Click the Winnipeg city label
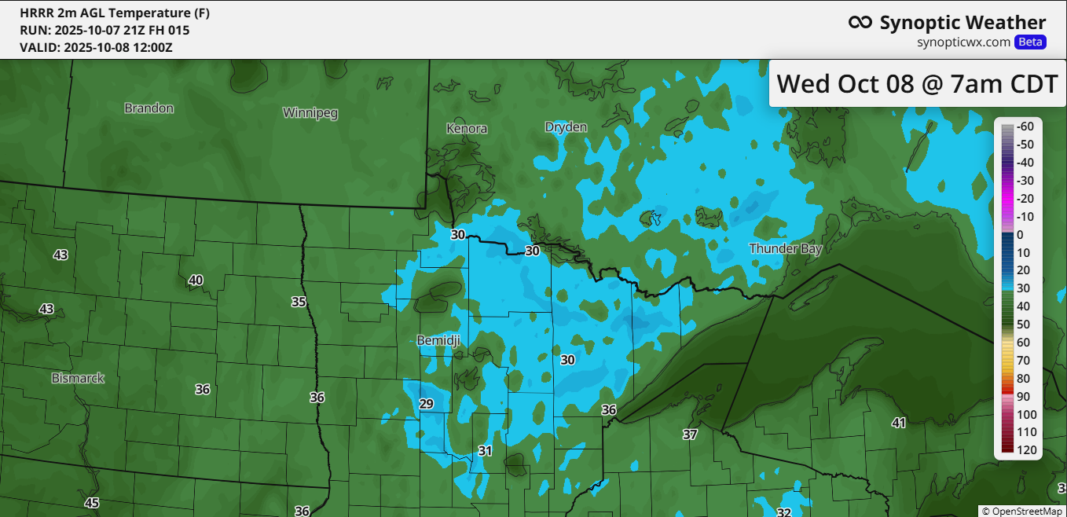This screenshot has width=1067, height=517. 310,113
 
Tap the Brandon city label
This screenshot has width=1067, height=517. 148,108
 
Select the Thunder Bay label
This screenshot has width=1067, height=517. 785,249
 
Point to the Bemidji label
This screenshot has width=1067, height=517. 438,340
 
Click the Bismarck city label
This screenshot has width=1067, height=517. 78,379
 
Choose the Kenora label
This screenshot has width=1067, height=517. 467,128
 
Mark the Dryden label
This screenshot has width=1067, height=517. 566,127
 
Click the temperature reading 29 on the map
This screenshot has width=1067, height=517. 427,405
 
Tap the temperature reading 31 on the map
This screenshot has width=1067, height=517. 485,451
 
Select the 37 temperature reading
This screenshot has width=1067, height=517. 690,434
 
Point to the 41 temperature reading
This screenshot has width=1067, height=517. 898,423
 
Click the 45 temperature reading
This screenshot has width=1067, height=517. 92,503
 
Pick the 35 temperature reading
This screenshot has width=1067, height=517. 299,302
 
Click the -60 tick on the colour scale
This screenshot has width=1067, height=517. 1025,126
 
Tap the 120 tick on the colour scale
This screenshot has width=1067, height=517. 1026,450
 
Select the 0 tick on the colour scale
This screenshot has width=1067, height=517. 1020,235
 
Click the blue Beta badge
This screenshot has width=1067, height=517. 1030,42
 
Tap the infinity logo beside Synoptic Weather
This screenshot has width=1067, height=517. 860,23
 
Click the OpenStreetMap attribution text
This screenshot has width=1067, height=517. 1022,511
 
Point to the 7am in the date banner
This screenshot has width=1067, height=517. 972,83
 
